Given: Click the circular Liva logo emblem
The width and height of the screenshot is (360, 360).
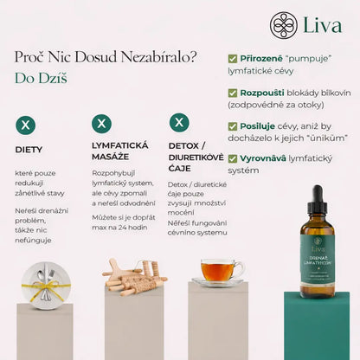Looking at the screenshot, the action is (283, 25).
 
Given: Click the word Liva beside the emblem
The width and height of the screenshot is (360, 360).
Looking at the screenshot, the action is (323, 25).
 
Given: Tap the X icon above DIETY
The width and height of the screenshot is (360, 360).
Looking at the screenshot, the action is (26, 125).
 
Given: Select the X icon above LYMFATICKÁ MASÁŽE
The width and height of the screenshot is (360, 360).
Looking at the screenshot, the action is (101, 124).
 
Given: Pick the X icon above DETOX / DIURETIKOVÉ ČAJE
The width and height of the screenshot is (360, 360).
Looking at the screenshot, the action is (179, 122).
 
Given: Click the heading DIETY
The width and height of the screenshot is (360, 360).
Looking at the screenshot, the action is (29, 150).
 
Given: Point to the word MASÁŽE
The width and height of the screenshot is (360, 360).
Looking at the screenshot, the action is (110, 157).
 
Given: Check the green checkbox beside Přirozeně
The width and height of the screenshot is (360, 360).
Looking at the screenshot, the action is (233, 59).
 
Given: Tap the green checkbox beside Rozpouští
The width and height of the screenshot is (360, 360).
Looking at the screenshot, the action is (233, 93).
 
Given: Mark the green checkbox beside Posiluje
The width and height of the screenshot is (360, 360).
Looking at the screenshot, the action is (233, 126).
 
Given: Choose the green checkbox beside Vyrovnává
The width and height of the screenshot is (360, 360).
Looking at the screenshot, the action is (233, 158).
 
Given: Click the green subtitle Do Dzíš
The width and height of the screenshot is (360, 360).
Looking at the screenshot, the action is (41, 78).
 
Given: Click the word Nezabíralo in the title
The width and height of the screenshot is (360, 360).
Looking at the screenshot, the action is (158, 57).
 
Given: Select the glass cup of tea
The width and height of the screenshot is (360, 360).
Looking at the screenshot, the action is (219, 271).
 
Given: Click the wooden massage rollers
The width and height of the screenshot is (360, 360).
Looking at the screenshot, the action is (134, 278).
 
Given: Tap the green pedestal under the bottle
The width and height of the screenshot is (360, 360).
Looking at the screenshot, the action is (317, 325).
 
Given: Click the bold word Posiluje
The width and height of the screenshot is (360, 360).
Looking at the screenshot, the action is (257, 126).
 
